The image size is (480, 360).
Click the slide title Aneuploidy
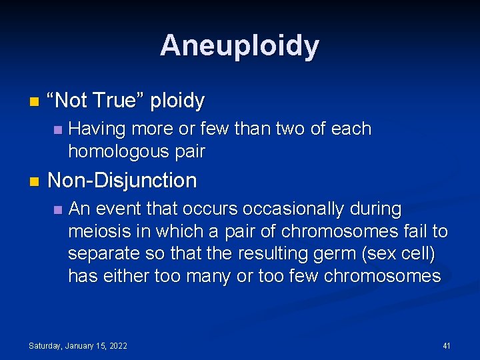coord(240,45)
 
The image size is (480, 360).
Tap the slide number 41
coord(447,345)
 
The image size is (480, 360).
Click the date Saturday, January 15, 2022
coord(78,345)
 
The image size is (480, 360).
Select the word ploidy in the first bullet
coord(177,101)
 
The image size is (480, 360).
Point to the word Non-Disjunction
coord(122,181)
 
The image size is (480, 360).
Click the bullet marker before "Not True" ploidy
coord(34,102)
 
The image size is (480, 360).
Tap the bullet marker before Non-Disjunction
coord(34,181)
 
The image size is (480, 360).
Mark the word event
coord(119,209)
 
